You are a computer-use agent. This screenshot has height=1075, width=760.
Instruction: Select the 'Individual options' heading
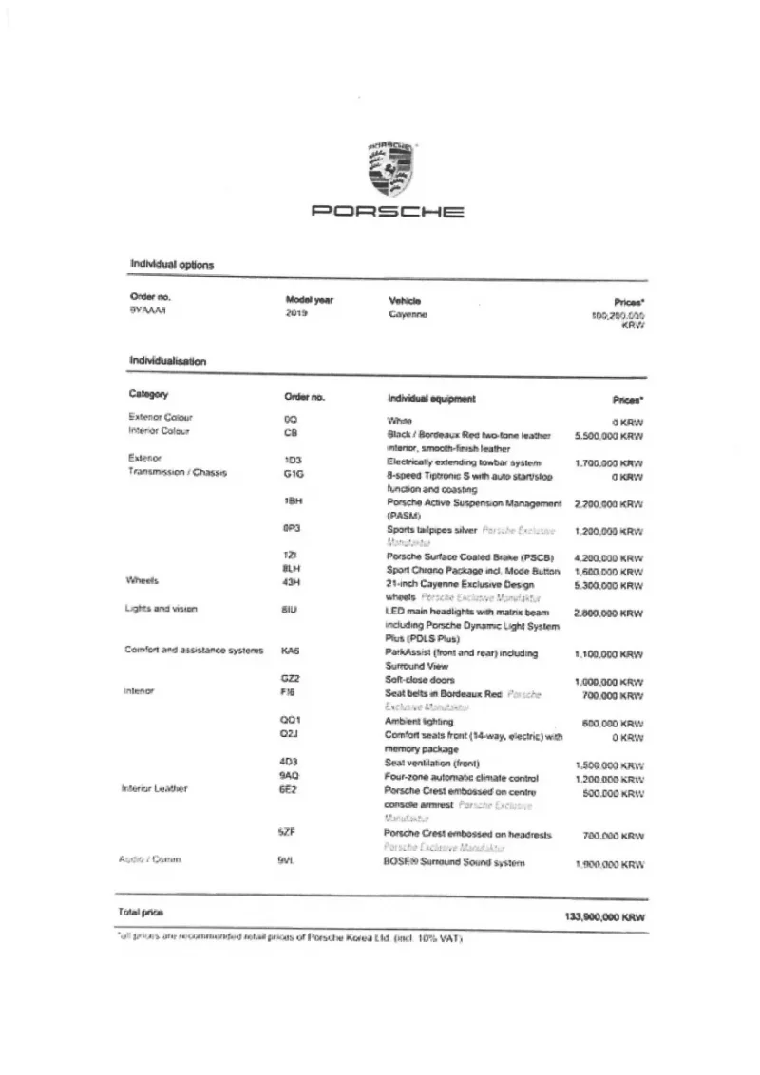[x=172, y=264]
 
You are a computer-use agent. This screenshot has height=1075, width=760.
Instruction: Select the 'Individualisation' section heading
[x=168, y=361]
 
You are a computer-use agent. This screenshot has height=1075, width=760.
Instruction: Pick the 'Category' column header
[x=149, y=393]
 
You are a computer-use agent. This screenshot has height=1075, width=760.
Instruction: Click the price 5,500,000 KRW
[x=609, y=436]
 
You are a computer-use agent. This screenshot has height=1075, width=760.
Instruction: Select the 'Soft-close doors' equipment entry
[x=420, y=680]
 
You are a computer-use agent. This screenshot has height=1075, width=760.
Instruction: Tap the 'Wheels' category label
[x=142, y=579]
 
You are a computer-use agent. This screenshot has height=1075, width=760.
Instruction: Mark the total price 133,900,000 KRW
[x=598, y=918]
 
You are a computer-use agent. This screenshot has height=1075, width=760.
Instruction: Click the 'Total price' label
[x=141, y=912]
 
